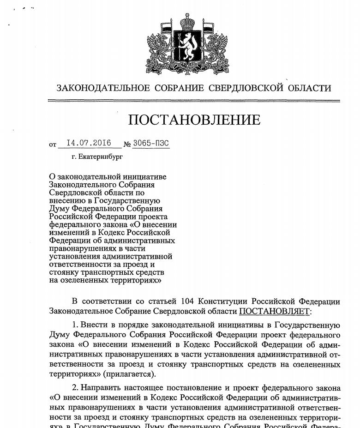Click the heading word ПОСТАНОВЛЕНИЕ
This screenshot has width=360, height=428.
click(194, 120)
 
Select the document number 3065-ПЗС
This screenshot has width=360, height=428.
click(151, 143)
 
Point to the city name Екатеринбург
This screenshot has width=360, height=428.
click(101, 157)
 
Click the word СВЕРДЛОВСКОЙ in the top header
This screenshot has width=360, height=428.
click(247, 88)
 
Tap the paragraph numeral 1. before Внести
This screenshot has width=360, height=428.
click(75, 325)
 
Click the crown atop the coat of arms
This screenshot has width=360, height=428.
click(187, 21)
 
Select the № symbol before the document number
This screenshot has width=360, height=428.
click(127, 144)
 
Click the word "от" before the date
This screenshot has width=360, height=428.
click(53, 145)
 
